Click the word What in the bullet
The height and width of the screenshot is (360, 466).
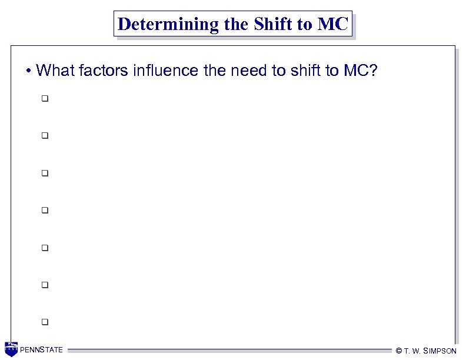coord(51,71)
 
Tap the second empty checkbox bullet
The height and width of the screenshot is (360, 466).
coord(44,136)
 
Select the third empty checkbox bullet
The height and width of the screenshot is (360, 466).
coord(44,174)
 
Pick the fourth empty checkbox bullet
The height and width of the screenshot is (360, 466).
coord(44,210)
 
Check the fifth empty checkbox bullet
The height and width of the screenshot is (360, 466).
coord(44,248)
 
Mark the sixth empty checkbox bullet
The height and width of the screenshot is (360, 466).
coord(44,285)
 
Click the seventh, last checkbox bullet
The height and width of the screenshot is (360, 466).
coord(44,322)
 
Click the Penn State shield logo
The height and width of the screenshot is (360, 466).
coord(11,349)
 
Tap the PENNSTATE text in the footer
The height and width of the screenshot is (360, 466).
coord(42,351)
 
